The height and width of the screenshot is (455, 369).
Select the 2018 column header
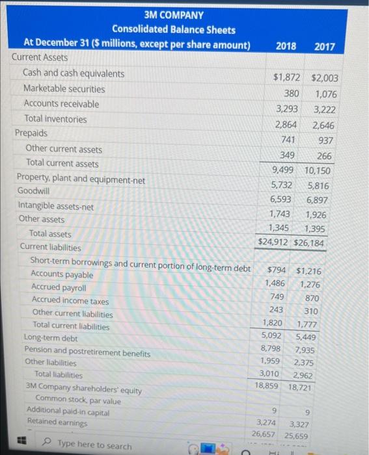[x=286, y=46]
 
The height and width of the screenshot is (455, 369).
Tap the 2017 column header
[x=324, y=46]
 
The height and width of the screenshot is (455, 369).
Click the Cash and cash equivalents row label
[x=74, y=73]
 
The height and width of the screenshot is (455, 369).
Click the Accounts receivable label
[x=61, y=104]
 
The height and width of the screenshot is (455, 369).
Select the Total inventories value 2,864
[x=284, y=125]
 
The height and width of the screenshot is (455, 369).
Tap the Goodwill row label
[x=33, y=191]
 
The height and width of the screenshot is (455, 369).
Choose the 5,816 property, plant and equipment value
[x=321, y=185]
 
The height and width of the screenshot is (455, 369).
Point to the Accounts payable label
[x=62, y=275]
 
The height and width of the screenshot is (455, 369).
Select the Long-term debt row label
[x=50, y=338]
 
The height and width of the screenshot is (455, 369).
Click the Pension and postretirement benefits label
[x=87, y=354]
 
